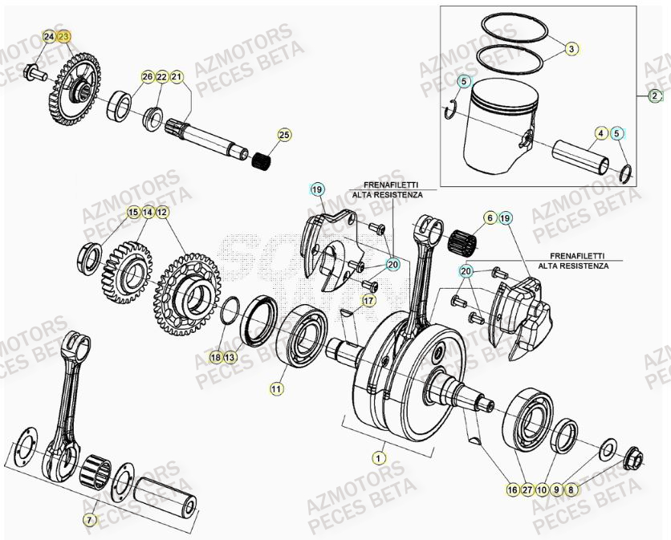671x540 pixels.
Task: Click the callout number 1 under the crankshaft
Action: [x=377, y=457]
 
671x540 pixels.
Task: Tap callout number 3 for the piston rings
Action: [x=571, y=49]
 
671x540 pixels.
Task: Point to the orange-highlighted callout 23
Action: [x=64, y=38]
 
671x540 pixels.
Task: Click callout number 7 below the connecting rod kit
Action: [x=90, y=519]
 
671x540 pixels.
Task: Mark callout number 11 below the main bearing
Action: [x=276, y=388]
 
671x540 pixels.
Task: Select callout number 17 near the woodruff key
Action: [x=368, y=301]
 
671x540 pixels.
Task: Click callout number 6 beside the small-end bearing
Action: [x=489, y=217]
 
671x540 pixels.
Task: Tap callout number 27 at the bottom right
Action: [x=527, y=489]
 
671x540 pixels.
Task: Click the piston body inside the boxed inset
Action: [x=502, y=120]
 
